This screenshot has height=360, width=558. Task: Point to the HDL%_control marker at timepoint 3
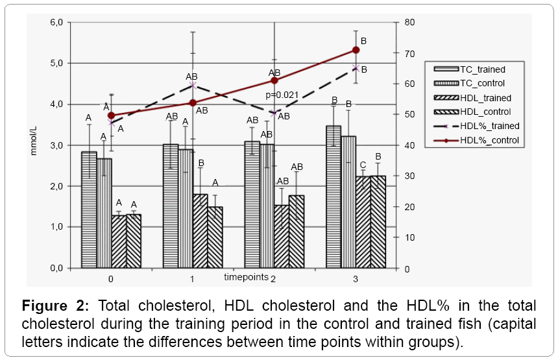(356, 50)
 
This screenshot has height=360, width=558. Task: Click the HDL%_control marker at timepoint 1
(193, 102)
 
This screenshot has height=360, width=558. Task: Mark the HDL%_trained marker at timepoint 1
(193, 85)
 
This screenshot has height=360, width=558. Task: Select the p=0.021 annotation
(282, 95)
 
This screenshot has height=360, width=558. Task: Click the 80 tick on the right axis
(409, 23)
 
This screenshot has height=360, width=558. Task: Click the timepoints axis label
(245, 277)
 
